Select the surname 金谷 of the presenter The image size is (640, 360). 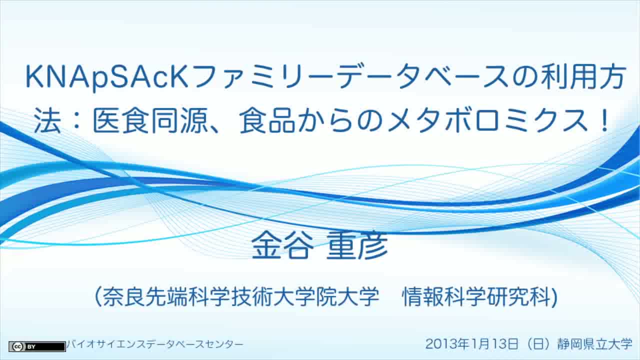tap(282, 245)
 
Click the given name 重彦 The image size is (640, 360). tap(357, 245)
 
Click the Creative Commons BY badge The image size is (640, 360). tap(37, 346)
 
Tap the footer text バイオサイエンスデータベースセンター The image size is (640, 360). tap(155, 344)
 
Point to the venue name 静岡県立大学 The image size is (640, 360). tap(595, 343)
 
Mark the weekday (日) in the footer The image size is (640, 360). tap(537, 343)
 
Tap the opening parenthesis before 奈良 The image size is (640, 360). tap(98, 297)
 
